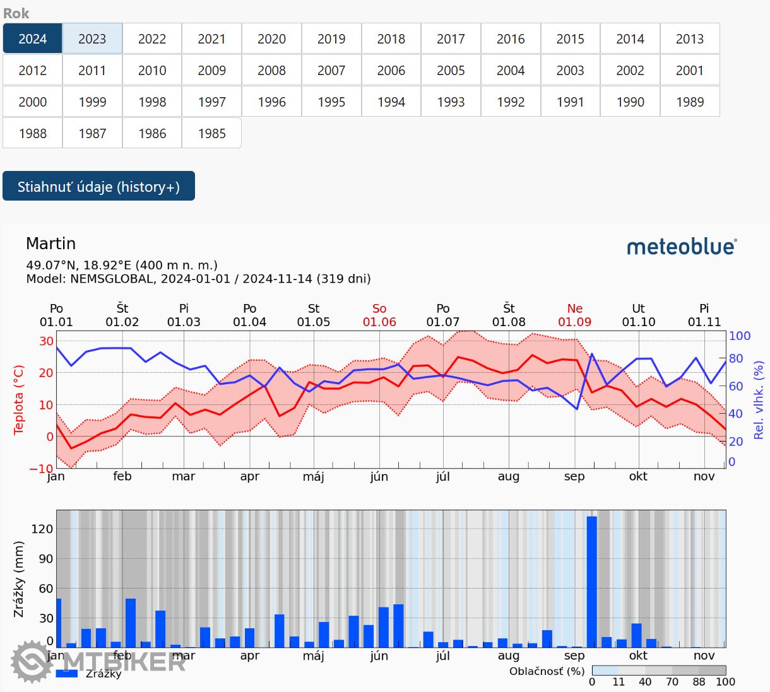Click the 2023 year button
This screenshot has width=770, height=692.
(x=92, y=39)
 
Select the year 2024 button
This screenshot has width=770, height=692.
(x=33, y=39)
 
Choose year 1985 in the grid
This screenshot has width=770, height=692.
(x=211, y=134)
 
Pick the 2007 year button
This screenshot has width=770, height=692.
(x=331, y=71)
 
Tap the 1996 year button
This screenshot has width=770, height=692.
(x=271, y=102)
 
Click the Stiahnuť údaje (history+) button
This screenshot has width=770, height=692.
(x=98, y=187)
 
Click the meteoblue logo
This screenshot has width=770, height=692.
(x=682, y=247)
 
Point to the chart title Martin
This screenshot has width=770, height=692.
(x=51, y=243)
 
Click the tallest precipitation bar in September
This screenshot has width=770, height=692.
(x=591, y=580)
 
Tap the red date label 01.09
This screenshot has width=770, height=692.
(x=574, y=322)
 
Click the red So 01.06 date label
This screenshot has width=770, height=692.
(x=379, y=315)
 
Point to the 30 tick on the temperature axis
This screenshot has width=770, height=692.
(x=46, y=341)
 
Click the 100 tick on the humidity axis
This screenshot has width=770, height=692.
(x=740, y=336)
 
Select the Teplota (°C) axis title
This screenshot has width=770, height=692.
(x=18, y=400)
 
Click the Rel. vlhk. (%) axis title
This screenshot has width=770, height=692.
(x=758, y=400)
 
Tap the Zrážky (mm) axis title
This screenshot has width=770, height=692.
(x=18, y=579)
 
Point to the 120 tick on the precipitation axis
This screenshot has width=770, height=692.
(x=42, y=529)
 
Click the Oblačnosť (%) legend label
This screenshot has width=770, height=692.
(x=547, y=671)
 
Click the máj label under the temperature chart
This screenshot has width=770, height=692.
(x=314, y=476)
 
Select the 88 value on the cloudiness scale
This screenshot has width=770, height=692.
(x=699, y=681)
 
